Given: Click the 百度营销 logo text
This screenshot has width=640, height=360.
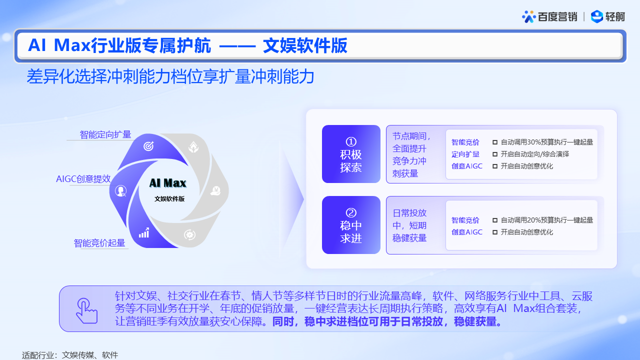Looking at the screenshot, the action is (x=557, y=17).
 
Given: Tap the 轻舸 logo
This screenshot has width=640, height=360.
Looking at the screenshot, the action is (x=607, y=16).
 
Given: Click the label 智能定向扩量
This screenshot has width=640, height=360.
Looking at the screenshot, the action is (x=105, y=134).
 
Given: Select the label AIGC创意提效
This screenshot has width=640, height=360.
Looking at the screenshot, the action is (x=83, y=179).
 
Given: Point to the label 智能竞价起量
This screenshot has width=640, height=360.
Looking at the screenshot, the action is (x=99, y=243).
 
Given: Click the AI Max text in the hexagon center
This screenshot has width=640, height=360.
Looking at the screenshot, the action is (x=167, y=183).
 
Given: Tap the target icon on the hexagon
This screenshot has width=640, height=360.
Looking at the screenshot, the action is (x=148, y=146).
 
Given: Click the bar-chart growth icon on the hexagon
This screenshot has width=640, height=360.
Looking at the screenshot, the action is (x=144, y=233).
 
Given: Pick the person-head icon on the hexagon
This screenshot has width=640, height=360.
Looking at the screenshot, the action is (x=120, y=190).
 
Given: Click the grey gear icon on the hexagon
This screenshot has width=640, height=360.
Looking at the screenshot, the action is (x=189, y=234).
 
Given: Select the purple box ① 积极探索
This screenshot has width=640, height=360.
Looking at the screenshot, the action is (x=351, y=154).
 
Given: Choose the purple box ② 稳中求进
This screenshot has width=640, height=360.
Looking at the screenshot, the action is (x=351, y=225).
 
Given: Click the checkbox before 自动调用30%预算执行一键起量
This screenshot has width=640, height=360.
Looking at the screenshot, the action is (x=495, y=142).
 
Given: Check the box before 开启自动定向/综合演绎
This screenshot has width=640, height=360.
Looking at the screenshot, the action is (x=495, y=154).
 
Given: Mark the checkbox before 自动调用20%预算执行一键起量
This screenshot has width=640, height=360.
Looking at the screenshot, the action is (x=495, y=220).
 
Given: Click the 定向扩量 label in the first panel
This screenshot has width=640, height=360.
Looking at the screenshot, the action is (x=465, y=154).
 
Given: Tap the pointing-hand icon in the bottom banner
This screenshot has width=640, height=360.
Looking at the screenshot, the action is (x=87, y=311).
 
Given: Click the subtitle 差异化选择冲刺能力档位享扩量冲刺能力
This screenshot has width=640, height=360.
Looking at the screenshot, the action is (x=170, y=76).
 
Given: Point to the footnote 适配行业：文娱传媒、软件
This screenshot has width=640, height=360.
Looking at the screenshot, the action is (x=70, y=355).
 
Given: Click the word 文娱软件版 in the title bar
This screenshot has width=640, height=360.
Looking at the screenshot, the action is (x=305, y=45).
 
